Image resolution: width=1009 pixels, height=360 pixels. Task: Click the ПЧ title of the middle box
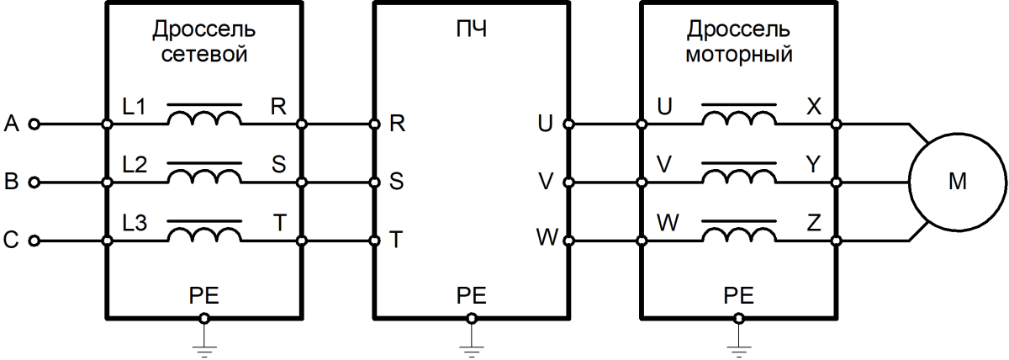[472, 30]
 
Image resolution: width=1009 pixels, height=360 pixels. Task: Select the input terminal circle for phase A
[34, 124]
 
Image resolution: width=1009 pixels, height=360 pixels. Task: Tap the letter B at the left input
[11, 182]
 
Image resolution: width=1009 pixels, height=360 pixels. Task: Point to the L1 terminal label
[135, 107]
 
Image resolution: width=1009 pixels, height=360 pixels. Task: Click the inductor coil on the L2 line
[204, 177]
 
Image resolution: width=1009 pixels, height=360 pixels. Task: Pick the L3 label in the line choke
[135, 223]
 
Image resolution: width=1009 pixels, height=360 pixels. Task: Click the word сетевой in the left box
[204, 55]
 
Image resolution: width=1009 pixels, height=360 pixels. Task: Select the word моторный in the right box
[739, 55]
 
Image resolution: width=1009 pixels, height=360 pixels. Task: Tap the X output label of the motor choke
[814, 107]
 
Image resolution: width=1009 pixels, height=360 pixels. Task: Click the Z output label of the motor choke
[814, 223]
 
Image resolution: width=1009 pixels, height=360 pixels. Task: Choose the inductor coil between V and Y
[739, 177]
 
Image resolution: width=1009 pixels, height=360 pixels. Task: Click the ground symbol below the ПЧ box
[472, 350]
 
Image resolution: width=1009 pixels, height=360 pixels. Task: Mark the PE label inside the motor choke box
[739, 296]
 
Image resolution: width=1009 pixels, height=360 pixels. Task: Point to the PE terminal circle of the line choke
[204, 319]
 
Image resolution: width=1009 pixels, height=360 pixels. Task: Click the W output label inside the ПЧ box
[547, 237]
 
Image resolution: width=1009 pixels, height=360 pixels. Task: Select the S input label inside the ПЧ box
[396, 181]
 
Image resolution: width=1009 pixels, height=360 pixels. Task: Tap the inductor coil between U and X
[739, 119]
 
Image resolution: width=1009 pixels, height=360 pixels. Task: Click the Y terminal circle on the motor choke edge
[836, 183]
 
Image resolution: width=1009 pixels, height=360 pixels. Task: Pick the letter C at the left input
[11, 240]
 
